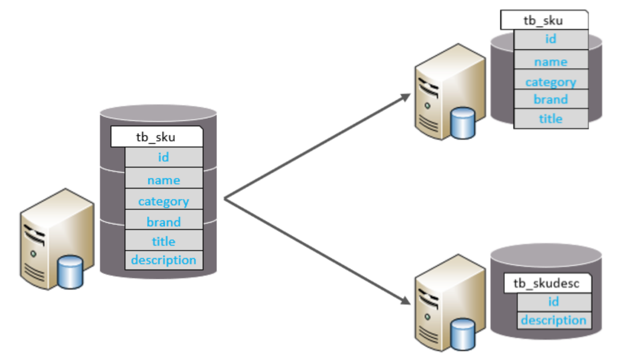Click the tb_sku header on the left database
(x=157, y=137)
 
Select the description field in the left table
(x=164, y=260)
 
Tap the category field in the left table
(x=164, y=199)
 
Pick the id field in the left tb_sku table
(x=164, y=157)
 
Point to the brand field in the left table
(x=164, y=220)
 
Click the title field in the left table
(x=164, y=240)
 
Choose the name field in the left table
(x=164, y=178)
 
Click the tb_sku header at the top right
(x=544, y=20)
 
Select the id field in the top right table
(x=551, y=39)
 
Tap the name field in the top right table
(x=551, y=59)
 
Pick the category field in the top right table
(x=551, y=79)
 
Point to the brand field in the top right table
(x=551, y=99)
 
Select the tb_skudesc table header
(x=548, y=283)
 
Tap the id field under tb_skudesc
(x=554, y=302)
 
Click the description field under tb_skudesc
(x=554, y=321)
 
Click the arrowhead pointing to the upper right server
(x=405, y=97)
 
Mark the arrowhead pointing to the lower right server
(x=405, y=301)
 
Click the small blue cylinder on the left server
(x=70, y=272)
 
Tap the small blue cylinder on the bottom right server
(x=463, y=335)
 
